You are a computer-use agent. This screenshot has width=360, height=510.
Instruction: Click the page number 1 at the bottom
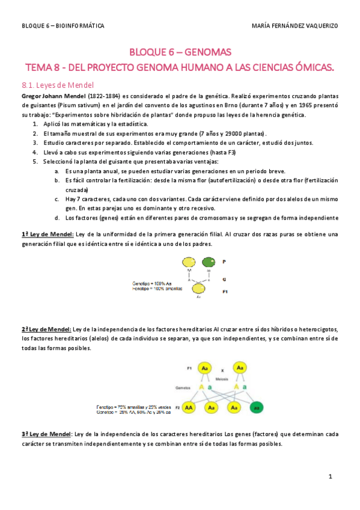[331, 477]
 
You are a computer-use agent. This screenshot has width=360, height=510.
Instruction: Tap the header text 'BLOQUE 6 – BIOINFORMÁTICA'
[63, 26]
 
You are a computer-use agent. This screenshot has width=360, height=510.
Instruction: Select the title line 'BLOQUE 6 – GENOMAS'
[180, 52]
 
